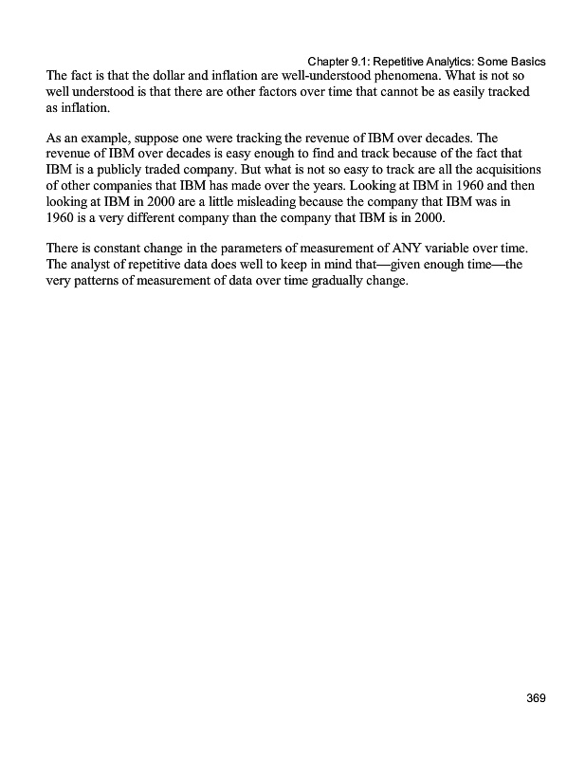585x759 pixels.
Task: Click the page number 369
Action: [536, 699]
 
